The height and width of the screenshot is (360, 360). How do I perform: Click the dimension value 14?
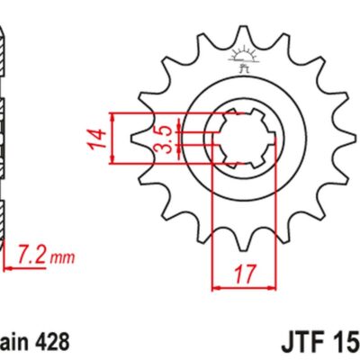click(101, 139)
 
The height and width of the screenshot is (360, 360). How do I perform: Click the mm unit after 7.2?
click(59, 261)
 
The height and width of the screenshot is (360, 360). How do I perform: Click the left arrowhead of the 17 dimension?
click(216, 288)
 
